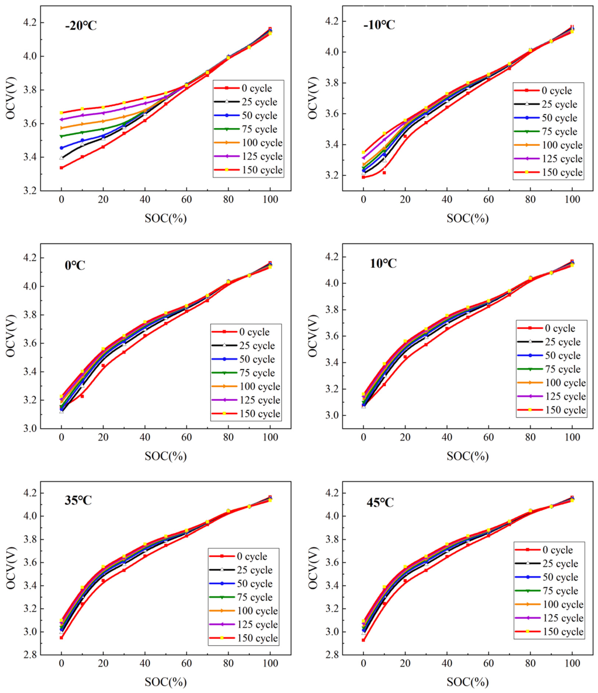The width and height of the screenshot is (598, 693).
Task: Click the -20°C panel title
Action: click(x=81, y=26)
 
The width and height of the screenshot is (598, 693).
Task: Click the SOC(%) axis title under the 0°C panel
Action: click(x=166, y=456)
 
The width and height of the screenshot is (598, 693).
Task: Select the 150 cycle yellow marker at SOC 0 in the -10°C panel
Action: click(x=364, y=152)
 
